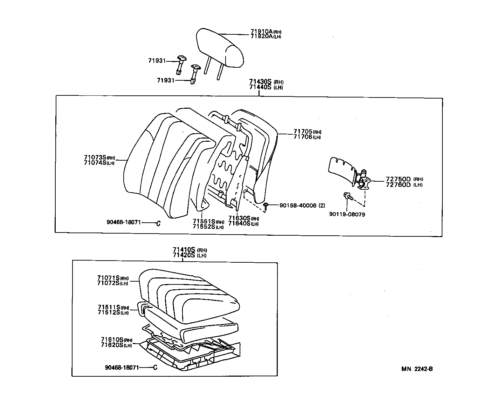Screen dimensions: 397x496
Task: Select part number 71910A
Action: click(x=261, y=32)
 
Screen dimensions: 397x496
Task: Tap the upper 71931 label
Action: click(x=156, y=61)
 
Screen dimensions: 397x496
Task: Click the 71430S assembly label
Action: click(x=261, y=82)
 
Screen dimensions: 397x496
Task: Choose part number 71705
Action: click(x=303, y=132)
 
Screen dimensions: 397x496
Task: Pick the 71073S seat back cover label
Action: click(x=95, y=157)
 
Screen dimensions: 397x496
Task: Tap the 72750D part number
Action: click(x=398, y=179)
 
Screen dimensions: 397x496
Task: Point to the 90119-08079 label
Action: click(x=347, y=214)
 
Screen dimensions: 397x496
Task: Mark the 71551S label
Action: click(x=204, y=221)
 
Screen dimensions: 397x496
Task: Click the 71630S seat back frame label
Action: click(x=239, y=218)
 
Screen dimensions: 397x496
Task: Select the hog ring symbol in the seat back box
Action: click(x=158, y=223)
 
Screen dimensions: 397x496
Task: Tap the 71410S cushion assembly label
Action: click(x=185, y=250)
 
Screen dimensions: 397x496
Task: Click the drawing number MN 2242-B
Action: click(x=417, y=369)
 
